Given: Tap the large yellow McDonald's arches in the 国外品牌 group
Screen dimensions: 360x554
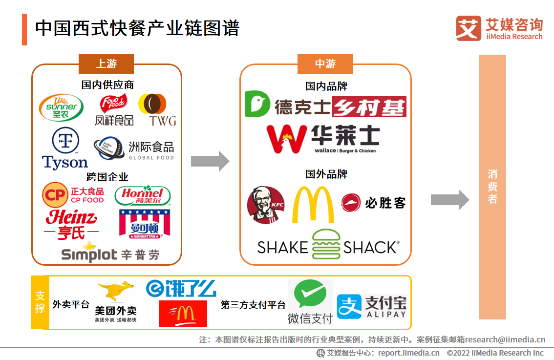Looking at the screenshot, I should tap(313, 205).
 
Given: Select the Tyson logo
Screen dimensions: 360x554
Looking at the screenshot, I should tap(65, 149).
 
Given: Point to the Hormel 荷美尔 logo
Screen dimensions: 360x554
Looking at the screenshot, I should tap(142, 196).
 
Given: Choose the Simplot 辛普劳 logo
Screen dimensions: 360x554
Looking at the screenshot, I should tap(110, 253).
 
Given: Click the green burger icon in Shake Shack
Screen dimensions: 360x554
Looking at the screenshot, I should tap(326, 244).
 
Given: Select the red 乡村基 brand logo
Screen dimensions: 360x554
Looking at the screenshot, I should tap(369, 106).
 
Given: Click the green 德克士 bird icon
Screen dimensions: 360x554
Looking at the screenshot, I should tap(257, 104).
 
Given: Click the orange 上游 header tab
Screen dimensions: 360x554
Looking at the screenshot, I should tap(106, 64).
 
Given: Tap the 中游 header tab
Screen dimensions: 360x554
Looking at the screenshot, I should tap(325, 64).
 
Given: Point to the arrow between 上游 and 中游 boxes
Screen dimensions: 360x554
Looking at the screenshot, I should tap(210, 161).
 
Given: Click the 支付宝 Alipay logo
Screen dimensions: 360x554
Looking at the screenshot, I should tap(372, 307).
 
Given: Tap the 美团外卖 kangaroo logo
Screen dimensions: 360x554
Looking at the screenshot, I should tap(115, 302).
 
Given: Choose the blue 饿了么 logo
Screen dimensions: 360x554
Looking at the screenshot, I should tap(181, 289).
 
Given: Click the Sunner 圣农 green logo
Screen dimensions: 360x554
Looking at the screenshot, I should tap(61, 107).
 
